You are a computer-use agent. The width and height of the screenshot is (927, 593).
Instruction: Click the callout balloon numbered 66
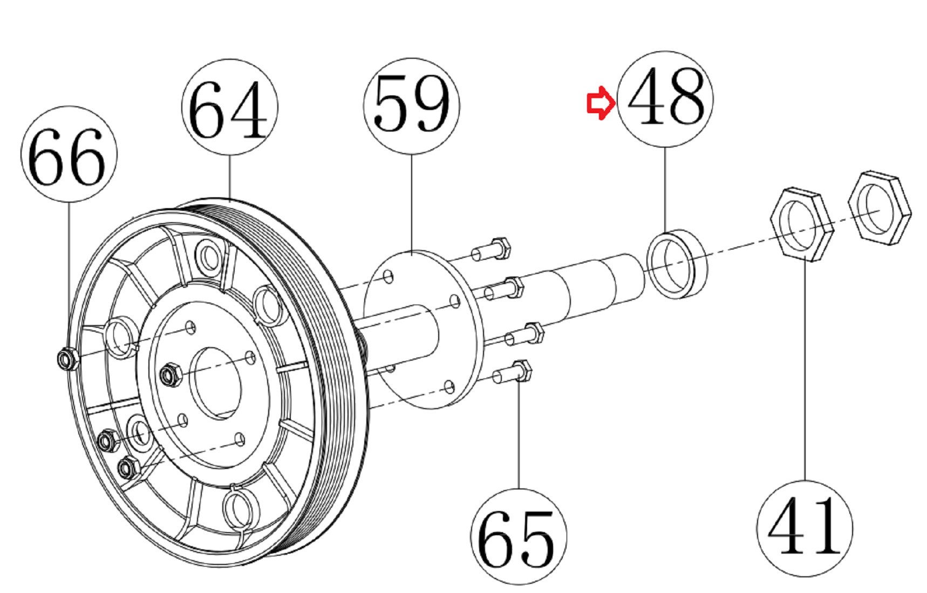pos(69,155)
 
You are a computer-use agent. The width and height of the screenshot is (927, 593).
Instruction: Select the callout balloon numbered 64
pos(229,107)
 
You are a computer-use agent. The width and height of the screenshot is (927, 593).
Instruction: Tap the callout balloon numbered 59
pos(411,106)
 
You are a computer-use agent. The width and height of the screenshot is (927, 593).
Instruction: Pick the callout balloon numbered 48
pos(665,99)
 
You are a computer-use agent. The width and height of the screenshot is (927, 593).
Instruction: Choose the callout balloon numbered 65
pos(519,537)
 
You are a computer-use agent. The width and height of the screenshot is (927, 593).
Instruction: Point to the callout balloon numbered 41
pos(805,528)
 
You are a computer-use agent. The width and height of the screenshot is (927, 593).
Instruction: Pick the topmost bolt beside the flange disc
pos(492,249)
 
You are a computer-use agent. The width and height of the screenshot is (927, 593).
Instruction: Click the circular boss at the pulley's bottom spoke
pos(237,508)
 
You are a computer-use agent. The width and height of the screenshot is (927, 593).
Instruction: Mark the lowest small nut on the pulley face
pos(128,467)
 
